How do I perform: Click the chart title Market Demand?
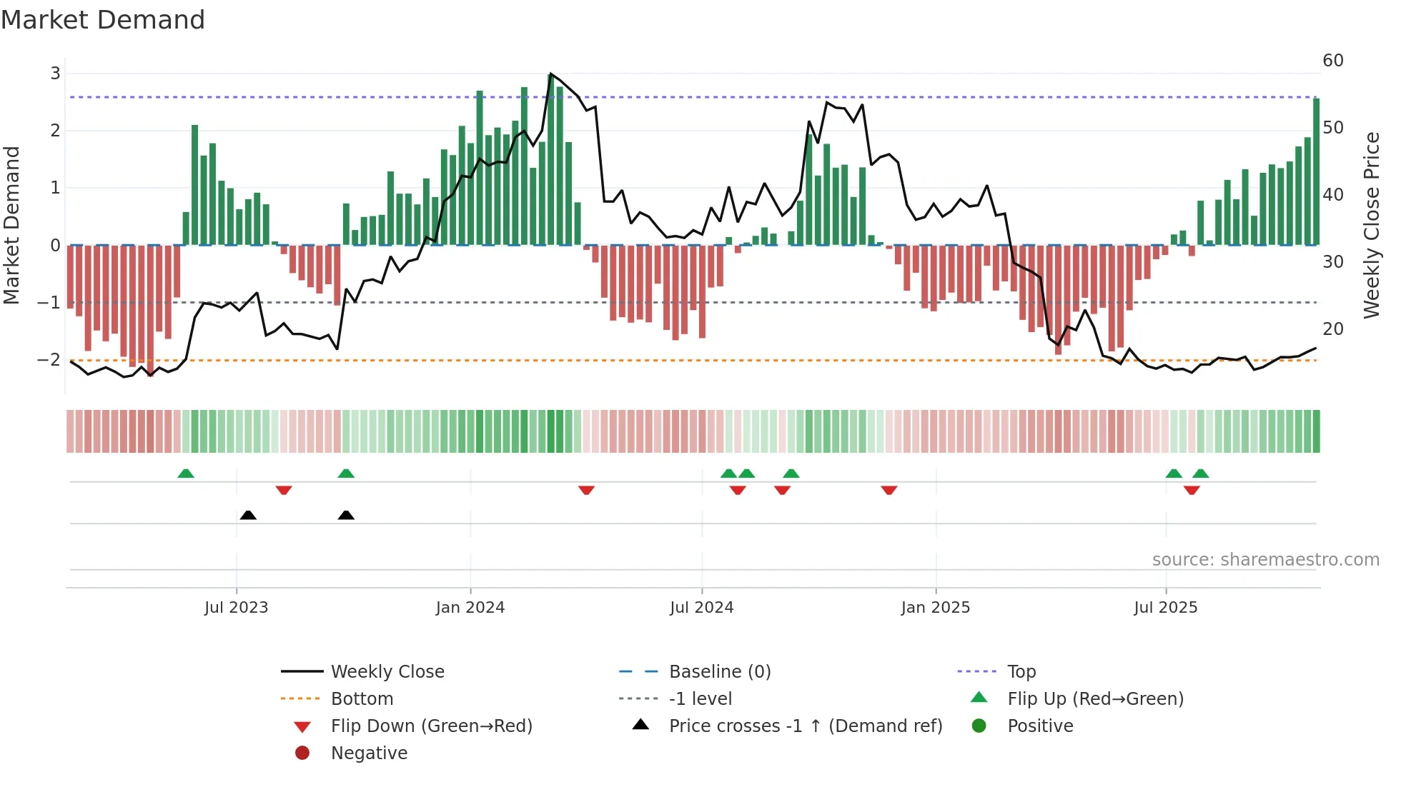click(103, 20)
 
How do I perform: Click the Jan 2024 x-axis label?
click(470, 608)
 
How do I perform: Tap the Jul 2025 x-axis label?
click(1165, 608)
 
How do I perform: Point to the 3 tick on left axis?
click(55, 74)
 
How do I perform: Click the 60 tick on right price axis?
click(1332, 61)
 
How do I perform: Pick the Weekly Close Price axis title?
click(1371, 225)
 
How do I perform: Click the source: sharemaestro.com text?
click(1265, 560)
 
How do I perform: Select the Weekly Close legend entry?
click(387, 672)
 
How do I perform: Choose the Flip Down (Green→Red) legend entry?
click(431, 726)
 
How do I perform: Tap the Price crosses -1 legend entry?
click(805, 726)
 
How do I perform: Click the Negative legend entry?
click(369, 753)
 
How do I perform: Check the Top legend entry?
click(1021, 672)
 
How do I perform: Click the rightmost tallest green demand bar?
click(1316, 171)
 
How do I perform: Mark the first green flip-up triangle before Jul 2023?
click(186, 473)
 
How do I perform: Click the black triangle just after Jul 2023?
click(248, 515)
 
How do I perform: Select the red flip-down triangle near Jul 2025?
click(1191, 491)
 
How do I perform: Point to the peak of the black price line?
click(550, 74)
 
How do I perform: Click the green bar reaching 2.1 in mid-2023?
click(194, 186)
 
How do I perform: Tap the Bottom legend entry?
click(361, 699)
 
